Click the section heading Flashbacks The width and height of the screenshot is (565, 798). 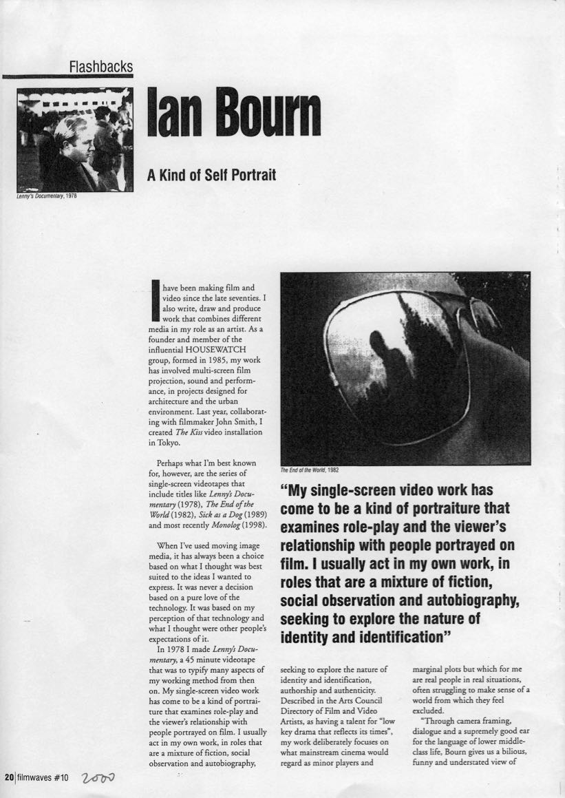(100, 67)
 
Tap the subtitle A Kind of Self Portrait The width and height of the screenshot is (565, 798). (211, 175)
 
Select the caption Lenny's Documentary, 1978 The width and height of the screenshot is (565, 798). (46, 196)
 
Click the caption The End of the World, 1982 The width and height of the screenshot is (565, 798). (309, 471)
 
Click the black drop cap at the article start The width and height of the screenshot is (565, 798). (154, 301)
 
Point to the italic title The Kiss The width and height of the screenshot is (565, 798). (193, 431)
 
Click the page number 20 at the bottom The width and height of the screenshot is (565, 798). (9, 778)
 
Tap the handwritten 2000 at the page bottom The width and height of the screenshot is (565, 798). (98, 778)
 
